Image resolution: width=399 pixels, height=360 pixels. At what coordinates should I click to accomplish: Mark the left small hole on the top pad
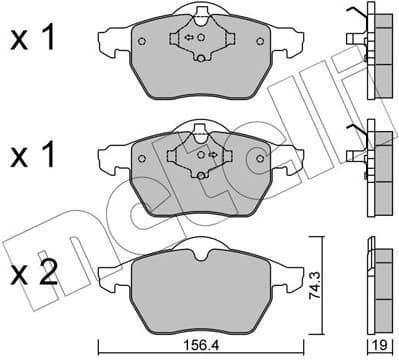[141, 42]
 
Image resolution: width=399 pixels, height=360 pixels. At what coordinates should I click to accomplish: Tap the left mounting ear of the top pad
[113, 42]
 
